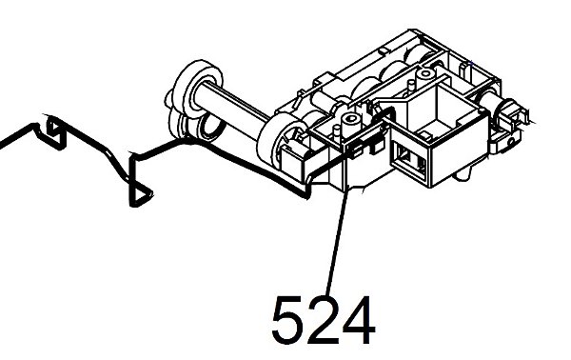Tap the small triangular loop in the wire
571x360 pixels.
139,193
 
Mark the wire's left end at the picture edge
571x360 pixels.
4,142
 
